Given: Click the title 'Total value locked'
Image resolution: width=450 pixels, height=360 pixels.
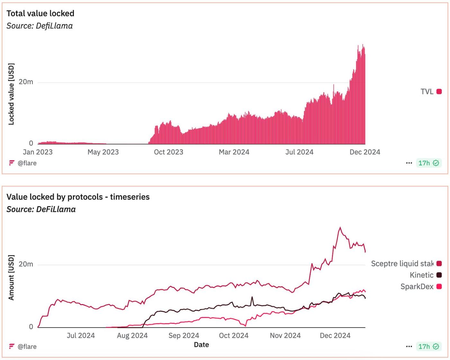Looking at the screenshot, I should pos(40,14).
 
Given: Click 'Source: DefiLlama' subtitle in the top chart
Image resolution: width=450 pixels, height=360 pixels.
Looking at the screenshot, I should pos(40,26).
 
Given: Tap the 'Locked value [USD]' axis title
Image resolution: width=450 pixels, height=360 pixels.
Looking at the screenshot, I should pos(11,94).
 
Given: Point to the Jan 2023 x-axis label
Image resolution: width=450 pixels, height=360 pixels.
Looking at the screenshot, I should pos(38,152).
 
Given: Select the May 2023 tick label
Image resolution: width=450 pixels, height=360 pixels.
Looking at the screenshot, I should pos(103,152).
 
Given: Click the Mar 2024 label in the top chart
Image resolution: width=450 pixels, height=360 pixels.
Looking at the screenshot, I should pos(234,152).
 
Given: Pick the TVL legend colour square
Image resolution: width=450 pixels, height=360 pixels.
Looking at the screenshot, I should pos(439,92).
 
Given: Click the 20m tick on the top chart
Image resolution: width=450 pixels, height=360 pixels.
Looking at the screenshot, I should pos(26,82).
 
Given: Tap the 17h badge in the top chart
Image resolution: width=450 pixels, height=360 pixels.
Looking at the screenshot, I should pos(428,163).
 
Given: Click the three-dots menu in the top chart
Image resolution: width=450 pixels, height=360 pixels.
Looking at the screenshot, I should pos(409,163).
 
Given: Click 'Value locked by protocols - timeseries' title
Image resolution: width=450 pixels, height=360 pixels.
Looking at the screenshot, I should pos(78,197).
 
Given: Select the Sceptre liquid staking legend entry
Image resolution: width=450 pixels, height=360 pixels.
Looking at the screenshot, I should pos(402,264).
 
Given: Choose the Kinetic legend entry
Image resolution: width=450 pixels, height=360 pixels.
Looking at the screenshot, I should pos(421,275).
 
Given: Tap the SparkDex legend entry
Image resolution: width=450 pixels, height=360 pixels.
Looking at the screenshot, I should pos(417,286).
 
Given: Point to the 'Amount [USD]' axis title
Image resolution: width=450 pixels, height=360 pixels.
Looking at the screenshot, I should pos(11,278).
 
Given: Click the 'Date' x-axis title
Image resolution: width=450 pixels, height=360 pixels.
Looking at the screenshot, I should pos(201,345).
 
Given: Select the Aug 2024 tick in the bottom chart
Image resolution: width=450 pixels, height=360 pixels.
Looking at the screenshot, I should pos(132,336).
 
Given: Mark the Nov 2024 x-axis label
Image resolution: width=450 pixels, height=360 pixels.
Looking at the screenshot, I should pos(285,336).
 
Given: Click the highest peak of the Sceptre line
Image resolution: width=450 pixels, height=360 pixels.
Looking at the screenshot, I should pos(340,228).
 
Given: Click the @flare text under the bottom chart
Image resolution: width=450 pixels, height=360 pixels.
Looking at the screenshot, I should pos(27,346).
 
